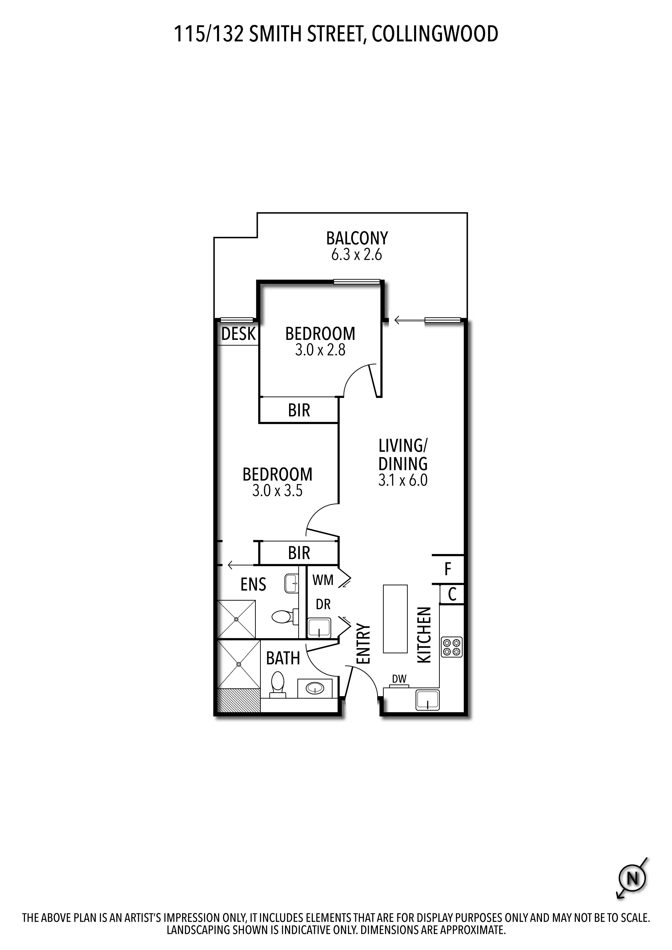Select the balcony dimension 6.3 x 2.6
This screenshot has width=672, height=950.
click(x=357, y=255)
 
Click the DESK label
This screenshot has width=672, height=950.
click(x=238, y=334)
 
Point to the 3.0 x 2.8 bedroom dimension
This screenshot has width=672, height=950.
click(x=320, y=351)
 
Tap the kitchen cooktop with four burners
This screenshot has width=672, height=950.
click(x=451, y=647)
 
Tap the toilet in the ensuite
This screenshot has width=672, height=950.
click(x=285, y=617)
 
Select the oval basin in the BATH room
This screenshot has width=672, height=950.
click(x=315, y=689)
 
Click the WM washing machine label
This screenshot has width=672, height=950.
click(x=323, y=580)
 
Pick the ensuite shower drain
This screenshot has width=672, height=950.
click(x=237, y=619)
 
